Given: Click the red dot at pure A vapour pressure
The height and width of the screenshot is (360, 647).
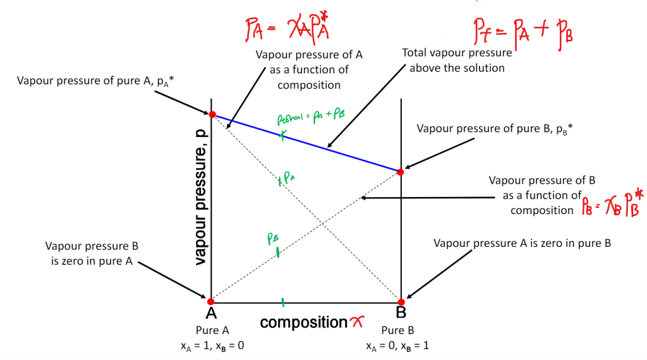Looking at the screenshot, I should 212,114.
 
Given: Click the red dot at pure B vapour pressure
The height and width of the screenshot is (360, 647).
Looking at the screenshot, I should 399,171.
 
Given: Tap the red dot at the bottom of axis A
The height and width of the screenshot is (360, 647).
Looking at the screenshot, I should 212,301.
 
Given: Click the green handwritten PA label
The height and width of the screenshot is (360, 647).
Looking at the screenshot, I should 287,180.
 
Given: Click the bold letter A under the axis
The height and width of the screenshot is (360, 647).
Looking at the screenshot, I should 211,313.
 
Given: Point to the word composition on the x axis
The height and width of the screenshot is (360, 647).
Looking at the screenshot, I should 304,323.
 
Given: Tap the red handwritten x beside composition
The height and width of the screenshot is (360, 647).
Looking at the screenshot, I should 357,323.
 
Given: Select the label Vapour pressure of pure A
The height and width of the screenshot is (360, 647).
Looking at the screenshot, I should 85,81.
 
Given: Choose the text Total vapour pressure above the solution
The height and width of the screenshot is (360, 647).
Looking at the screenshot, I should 457,61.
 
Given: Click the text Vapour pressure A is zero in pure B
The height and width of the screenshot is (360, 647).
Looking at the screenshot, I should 522,243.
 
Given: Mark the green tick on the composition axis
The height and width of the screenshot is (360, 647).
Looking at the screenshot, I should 282,303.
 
